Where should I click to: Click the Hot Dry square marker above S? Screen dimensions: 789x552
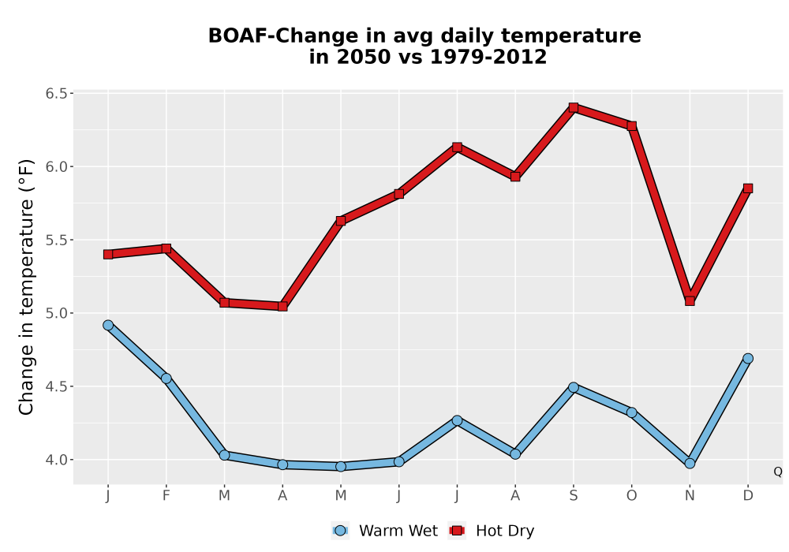coord(573,107)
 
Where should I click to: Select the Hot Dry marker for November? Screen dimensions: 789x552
coord(690,300)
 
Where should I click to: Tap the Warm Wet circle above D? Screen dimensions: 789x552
coord(748,359)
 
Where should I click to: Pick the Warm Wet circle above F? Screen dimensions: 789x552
coord(166,379)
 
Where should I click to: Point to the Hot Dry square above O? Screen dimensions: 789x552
coord(631,126)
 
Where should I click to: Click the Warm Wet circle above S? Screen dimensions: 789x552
coord(573,387)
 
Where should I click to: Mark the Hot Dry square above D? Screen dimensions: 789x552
coord(748,188)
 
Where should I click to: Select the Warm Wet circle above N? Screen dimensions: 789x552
coord(690,464)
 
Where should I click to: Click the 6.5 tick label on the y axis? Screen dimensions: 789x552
coord(56,94)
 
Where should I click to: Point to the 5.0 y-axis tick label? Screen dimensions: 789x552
coord(56,313)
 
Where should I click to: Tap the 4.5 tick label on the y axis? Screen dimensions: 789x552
coord(56,386)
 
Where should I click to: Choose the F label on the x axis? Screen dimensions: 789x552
coord(166,496)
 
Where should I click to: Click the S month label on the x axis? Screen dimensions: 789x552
coord(573,496)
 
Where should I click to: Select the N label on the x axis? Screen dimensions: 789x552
coord(690,496)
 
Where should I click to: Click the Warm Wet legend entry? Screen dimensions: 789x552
coord(385,531)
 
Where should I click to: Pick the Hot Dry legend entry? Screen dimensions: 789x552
coord(491,531)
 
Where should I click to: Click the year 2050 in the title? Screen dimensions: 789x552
coord(362,57)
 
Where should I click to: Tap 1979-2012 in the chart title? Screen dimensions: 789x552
coord(488,57)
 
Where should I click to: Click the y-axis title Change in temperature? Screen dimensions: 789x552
coord(26,287)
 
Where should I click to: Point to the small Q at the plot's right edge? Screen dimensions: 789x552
coord(778,472)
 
